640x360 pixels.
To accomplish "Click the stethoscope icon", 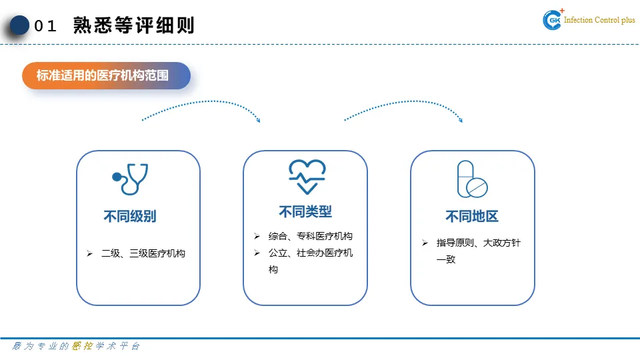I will click(130, 179).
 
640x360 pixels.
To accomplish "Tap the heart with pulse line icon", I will click(307, 177).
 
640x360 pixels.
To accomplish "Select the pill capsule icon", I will click(471, 179).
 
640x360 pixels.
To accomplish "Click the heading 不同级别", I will click(130, 217).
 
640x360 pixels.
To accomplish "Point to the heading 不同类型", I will click(305, 212).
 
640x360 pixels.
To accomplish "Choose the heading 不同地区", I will click(472, 217).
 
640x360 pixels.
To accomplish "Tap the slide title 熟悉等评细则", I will click(134, 26).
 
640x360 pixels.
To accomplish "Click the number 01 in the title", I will click(46, 27).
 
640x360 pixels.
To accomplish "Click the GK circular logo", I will click(553, 21).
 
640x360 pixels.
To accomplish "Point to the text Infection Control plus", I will click(599, 21).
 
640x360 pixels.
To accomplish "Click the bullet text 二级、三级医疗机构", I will click(143, 254).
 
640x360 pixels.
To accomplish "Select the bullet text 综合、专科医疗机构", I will click(311, 237).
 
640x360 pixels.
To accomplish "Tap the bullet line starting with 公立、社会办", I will click(311, 253).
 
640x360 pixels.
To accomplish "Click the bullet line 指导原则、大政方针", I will click(478, 243).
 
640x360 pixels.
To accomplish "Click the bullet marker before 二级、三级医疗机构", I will click(89, 254).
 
